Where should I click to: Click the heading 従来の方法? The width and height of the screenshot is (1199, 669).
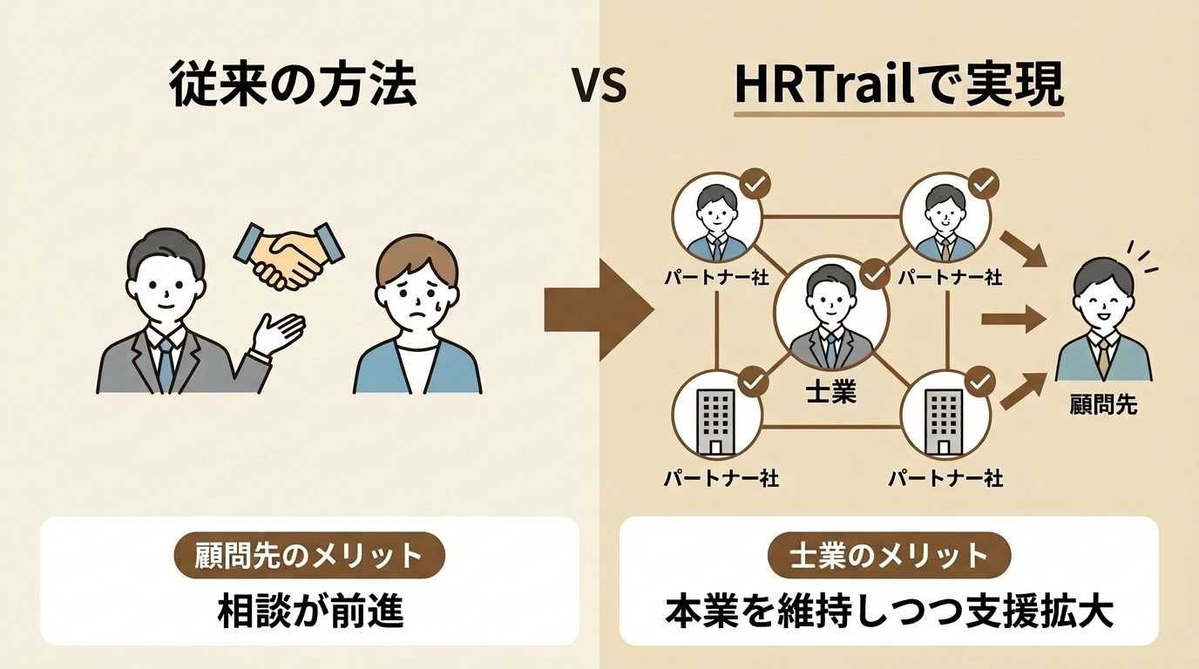click(294, 86)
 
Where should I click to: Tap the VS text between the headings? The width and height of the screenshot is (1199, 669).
click(599, 87)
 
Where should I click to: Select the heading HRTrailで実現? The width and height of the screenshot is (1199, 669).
click(898, 85)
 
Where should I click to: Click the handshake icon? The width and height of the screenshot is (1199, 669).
click(287, 253)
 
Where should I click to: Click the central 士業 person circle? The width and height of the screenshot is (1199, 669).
click(825, 315)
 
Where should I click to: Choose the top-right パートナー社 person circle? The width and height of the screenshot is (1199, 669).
click(944, 219)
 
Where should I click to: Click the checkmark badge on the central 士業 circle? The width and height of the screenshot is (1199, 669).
click(874, 274)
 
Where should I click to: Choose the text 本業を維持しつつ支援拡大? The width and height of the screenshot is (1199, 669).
click(889, 612)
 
